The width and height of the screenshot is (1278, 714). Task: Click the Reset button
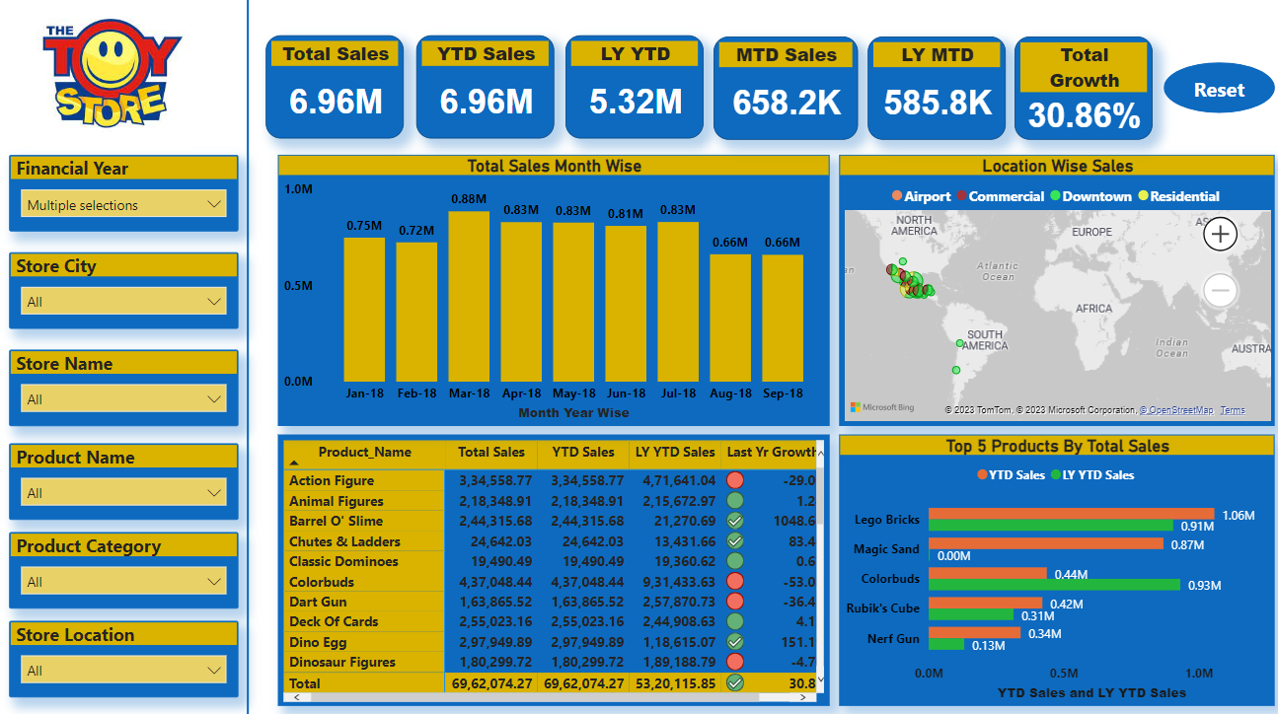click(1219, 90)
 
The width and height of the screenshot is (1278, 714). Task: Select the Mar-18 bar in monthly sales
click(469, 296)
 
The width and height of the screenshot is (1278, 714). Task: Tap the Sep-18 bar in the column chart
click(783, 318)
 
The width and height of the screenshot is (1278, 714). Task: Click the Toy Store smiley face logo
click(112, 69)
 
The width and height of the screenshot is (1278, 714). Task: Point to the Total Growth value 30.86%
click(1084, 116)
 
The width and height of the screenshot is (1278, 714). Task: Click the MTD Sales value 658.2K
click(786, 101)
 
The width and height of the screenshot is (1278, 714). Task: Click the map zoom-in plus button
click(1221, 234)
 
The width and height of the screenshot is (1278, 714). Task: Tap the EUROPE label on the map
click(1091, 232)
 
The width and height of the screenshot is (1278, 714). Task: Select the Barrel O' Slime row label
click(336, 521)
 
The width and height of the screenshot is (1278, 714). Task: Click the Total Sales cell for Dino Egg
click(492, 642)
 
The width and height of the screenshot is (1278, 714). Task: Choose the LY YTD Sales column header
click(675, 453)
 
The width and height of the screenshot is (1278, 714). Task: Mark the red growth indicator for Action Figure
click(735, 480)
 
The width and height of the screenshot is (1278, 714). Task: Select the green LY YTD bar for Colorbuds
click(1054, 585)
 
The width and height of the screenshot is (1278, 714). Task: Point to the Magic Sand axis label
click(886, 549)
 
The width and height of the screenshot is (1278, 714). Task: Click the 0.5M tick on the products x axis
click(1064, 674)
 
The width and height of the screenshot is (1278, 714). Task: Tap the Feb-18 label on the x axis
click(416, 393)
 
